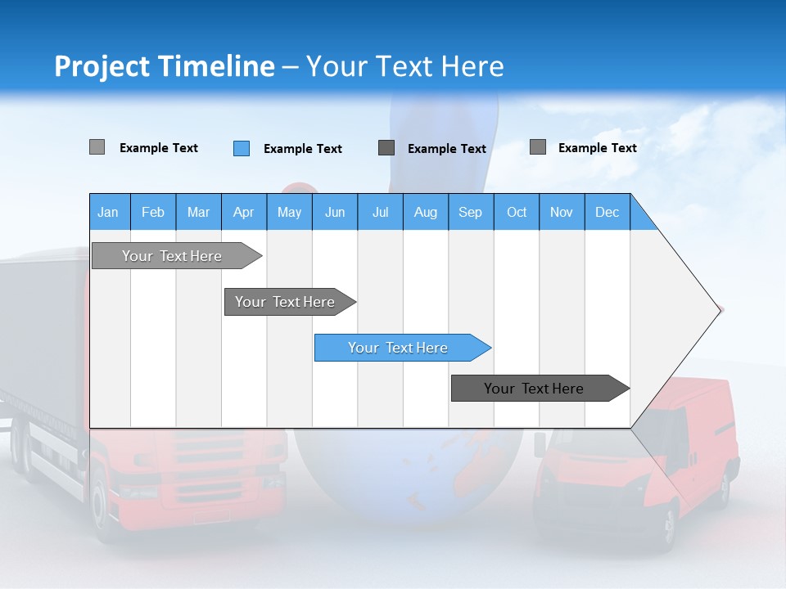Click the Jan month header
click(108, 213)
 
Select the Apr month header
click(243, 213)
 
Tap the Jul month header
click(380, 213)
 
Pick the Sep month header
click(470, 213)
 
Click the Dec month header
click(607, 213)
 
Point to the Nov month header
click(561, 213)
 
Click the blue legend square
click(241, 148)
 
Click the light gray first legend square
click(97, 147)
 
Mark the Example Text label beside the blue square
click(302, 149)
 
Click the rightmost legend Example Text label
click(597, 148)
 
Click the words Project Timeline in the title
click(164, 66)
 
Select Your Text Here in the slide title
click(404, 66)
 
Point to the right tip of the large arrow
click(719, 310)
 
